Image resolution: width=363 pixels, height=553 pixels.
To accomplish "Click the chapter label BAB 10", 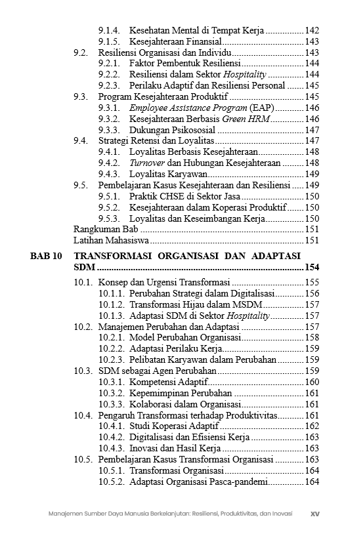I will tap(47, 255).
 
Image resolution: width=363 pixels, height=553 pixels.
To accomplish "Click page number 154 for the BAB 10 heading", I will tap(311, 268).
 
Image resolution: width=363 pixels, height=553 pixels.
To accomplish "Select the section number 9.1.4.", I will tap(109, 30).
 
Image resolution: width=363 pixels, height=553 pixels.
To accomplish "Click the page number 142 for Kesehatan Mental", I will tap(312, 30).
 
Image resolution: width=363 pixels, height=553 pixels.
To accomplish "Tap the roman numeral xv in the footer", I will tap(314, 514).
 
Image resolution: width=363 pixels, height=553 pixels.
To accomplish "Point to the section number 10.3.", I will tap(83, 371).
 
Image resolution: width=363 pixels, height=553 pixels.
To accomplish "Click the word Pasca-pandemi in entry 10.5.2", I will tap(240, 482).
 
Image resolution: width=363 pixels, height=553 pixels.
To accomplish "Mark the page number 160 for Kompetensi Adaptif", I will tap(312, 382).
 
